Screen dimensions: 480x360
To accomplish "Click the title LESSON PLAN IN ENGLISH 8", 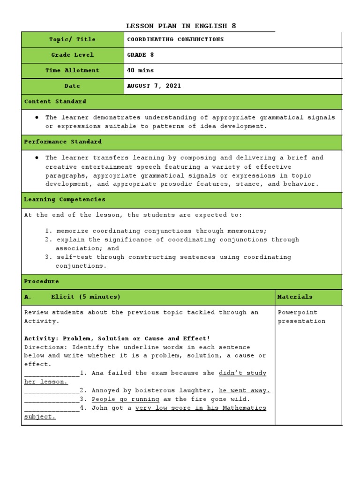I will click(x=184, y=26).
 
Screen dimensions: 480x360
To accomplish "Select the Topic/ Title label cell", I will click(x=72, y=39).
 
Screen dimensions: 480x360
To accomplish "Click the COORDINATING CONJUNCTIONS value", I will click(x=175, y=39).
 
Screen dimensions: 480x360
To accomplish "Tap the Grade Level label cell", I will click(x=72, y=55).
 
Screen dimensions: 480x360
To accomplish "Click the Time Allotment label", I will click(x=72, y=70).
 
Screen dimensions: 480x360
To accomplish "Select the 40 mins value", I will click(x=140, y=70).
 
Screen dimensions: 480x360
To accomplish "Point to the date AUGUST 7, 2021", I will click(x=154, y=86).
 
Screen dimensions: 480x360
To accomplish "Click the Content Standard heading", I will click(x=55, y=101).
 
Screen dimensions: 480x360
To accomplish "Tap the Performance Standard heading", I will click(x=62, y=142).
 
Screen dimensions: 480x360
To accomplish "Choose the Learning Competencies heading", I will click(x=64, y=199).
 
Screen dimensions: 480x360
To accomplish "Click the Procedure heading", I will click(x=41, y=281).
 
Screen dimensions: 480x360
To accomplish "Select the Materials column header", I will click(x=295, y=297).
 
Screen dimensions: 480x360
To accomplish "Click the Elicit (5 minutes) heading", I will click(x=86, y=297).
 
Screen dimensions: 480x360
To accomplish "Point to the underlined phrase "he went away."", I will click(x=244, y=390).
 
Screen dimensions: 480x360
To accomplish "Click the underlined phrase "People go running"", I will click(x=125, y=399).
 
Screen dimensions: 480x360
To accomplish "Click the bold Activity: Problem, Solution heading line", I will click(x=117, y=338).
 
